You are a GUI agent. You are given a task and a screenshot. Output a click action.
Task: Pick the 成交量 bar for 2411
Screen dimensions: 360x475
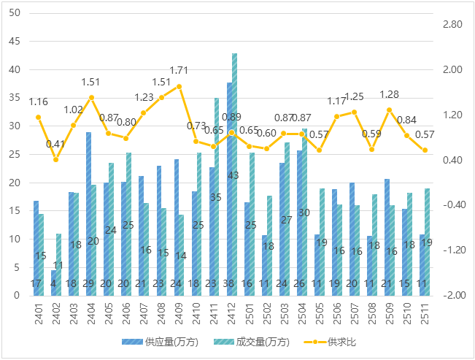click(x=217, y=196)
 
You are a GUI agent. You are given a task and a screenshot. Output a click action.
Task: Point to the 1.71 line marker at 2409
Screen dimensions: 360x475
click(x=179, y=86)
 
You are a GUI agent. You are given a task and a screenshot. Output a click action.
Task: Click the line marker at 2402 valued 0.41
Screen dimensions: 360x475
click(x=56, y=159)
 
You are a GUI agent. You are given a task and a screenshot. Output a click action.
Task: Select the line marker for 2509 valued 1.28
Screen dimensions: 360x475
click(x=390, y=110)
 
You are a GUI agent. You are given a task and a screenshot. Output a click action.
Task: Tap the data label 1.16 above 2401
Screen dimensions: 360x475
click(x=39, y=102)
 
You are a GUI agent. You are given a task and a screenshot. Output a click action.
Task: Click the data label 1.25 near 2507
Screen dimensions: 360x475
click(x=355, y=96)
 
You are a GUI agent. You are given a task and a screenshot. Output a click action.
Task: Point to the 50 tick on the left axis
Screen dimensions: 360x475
click(x=15, y=13)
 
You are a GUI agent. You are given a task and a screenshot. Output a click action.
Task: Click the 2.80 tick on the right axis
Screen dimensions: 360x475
click(x=452, y=25)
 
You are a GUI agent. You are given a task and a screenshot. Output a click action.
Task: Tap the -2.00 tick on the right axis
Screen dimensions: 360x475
click(x=452, y=295)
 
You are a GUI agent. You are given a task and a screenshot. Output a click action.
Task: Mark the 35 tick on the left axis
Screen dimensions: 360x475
click(x=15, y=98)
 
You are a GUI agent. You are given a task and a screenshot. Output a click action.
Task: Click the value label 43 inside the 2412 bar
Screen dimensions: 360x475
click(x=233, y=175)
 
